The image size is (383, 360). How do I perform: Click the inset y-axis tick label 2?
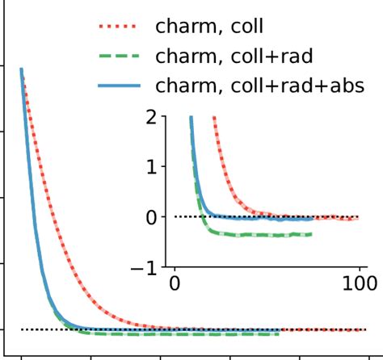154,117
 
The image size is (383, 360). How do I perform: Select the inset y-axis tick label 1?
154,167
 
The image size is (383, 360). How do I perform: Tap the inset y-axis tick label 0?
154,217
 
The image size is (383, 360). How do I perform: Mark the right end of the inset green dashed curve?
311,235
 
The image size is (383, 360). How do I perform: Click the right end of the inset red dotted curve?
358,217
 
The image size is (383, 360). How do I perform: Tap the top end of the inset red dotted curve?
214,117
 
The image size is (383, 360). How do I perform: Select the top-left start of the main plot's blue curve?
21,69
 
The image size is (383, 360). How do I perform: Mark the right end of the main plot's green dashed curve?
280,333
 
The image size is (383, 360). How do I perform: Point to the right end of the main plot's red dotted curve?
365,329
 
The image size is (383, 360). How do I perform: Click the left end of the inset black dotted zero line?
175,216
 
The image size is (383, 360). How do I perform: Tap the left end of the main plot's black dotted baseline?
21,329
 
